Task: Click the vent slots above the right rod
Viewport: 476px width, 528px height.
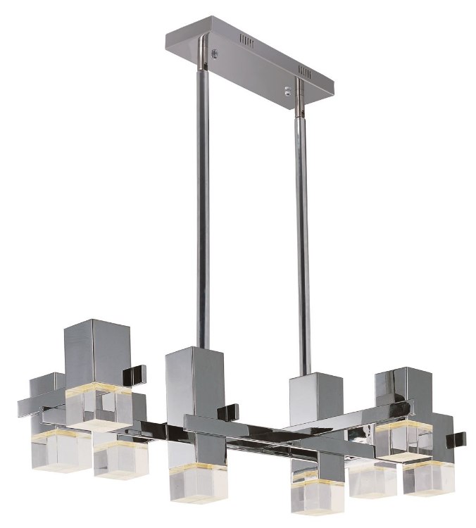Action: pyautogui.click(x=305, y=70)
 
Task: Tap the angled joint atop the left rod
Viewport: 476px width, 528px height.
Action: pyautogui.click(x=201, y=65)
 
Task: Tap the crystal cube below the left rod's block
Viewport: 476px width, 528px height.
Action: pyautogui.click(x=194, y=482)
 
